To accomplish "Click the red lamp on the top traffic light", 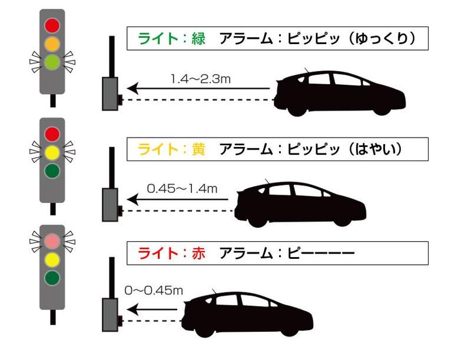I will coord(52,25).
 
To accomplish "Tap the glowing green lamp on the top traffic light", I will coord(52,61).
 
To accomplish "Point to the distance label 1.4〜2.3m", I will coord(200,78).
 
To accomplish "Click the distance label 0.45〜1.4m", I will coord(182,189).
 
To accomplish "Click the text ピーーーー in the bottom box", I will coord(321,253).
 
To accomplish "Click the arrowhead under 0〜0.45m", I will coord(133,308).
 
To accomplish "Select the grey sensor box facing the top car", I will coord(110,94).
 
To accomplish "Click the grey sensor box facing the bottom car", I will coord(110,312).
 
